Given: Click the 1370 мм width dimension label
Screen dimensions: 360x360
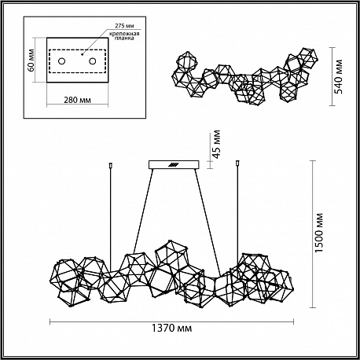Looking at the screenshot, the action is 171,328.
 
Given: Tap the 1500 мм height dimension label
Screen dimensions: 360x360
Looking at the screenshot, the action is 319,233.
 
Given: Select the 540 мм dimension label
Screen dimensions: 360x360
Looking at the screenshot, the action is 339,76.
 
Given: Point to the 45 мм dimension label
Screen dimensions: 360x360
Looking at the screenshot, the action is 216,145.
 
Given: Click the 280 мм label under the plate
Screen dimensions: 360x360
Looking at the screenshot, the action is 78,100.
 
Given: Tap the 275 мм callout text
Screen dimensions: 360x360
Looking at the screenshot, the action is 124,26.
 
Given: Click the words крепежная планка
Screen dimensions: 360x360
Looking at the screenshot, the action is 124,35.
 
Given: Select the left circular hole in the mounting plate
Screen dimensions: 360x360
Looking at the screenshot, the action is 61,61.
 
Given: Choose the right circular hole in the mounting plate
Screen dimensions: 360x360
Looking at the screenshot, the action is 92,61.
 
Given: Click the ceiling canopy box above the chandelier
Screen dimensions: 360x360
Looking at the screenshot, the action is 174,164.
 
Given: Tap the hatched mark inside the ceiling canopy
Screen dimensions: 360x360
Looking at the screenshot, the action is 173,165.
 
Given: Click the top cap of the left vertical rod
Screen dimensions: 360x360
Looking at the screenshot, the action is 111,165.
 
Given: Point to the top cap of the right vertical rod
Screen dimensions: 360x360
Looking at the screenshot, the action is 237,163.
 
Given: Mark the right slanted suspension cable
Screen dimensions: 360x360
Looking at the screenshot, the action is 208,222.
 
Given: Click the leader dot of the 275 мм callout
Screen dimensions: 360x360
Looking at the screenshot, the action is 82,54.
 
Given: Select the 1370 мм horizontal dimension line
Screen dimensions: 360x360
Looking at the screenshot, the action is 171,321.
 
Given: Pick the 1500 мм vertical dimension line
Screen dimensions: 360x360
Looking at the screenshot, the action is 312,233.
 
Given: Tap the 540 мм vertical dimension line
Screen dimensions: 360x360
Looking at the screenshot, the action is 332,76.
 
